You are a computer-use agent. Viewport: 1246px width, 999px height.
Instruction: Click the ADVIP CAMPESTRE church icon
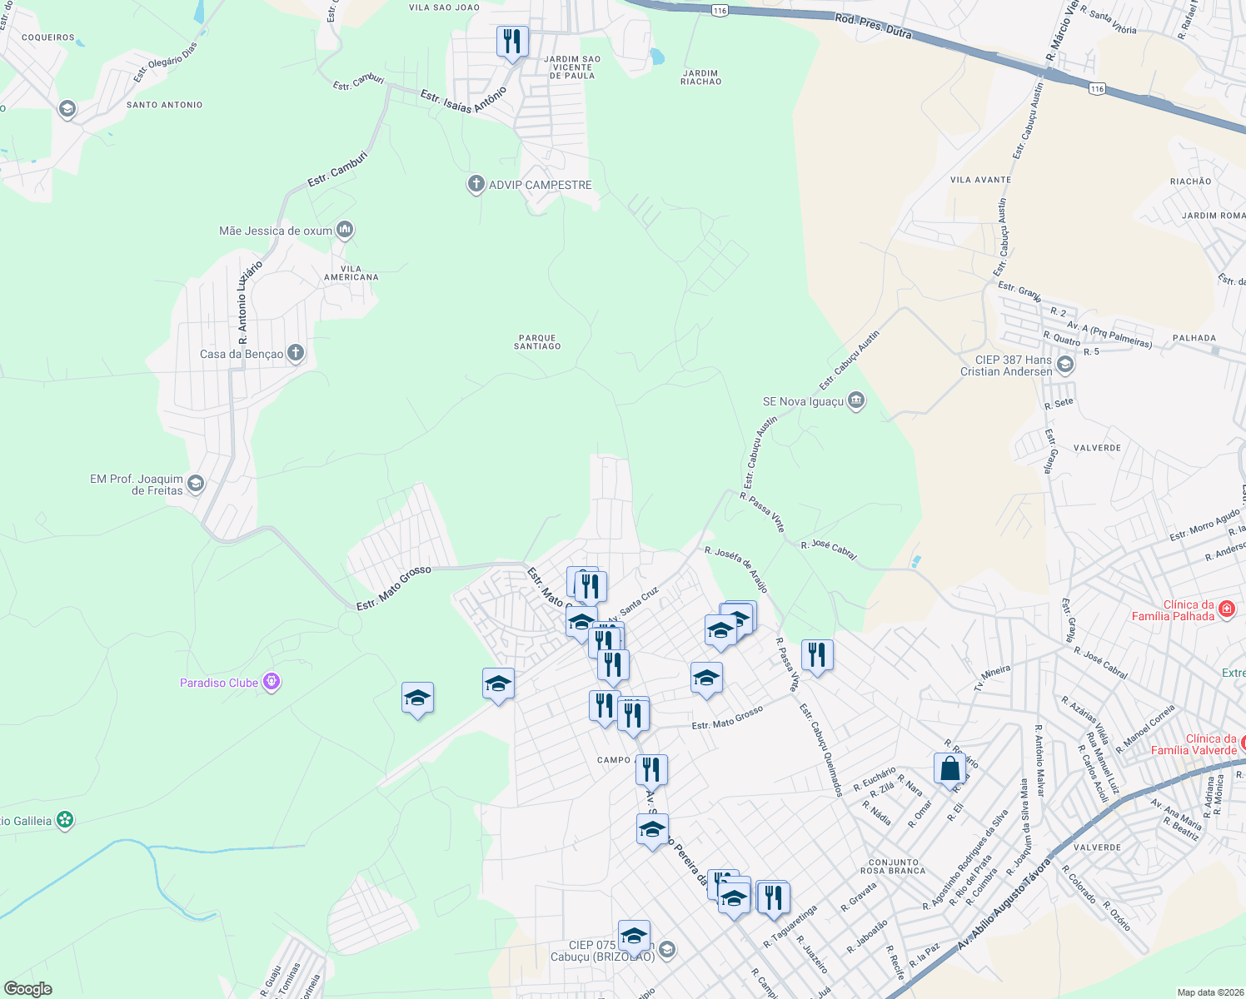point(476,184)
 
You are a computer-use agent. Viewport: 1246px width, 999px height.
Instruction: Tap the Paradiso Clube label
point(219,683)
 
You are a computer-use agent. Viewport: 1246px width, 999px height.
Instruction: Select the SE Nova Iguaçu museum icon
point(856,401)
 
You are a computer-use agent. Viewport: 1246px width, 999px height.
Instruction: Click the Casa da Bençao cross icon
point(296,353)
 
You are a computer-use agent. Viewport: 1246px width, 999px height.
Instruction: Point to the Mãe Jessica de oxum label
point(275,231)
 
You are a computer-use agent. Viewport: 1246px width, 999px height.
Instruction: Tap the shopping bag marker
point(949,770)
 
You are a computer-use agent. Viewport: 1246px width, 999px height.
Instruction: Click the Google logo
point(27,989)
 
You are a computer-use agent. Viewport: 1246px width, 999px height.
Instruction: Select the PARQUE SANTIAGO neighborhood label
point(537,342)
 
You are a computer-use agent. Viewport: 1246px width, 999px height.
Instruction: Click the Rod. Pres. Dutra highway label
point(873,26)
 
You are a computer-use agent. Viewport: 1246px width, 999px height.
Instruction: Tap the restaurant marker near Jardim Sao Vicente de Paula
point(512,42)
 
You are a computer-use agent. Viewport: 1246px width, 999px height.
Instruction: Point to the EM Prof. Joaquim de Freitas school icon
point(196,484)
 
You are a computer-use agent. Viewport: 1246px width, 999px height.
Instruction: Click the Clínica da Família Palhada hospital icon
point(1226,610)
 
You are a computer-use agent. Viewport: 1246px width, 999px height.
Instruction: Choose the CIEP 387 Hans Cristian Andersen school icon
point(1064,365)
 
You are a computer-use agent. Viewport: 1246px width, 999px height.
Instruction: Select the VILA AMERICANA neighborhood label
point(351,273)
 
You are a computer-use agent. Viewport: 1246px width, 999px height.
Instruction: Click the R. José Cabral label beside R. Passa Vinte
point(829,550)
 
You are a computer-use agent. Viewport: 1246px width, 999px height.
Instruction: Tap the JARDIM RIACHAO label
point(700,77)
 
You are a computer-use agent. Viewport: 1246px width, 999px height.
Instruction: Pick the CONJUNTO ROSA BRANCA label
point(893,867)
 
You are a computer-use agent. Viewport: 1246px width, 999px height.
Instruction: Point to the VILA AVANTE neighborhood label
point(980,180)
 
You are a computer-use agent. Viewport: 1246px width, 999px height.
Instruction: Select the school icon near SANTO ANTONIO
point(67,109)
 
